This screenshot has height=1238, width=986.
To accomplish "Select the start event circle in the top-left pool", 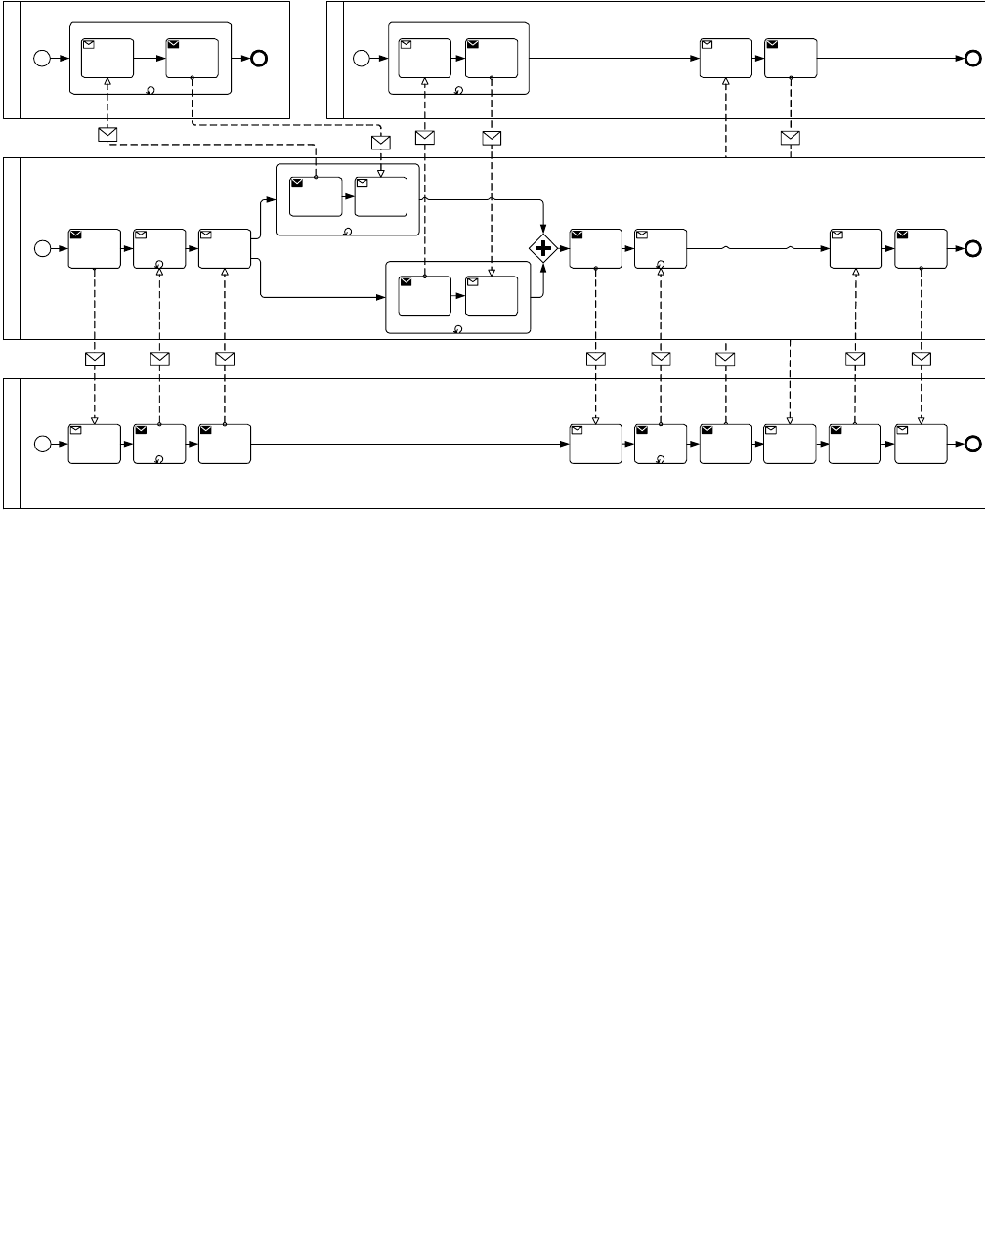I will pos(42,58).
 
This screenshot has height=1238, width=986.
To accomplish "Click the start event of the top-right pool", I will pos(362,58).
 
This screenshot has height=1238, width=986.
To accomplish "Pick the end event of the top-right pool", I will pos(972,58).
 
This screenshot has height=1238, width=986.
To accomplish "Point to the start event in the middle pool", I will pos(42,248).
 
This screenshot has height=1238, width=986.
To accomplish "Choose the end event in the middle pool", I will pos(972,248).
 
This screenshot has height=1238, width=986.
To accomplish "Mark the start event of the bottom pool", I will pos(42,444).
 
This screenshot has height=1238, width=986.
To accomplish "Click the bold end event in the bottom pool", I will pos(972,444).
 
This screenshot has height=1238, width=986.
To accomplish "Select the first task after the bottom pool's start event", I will pos(94,444).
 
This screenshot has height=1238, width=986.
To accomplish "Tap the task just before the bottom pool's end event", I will pos(921,444).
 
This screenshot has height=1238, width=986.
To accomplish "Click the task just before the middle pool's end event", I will pos(921,248).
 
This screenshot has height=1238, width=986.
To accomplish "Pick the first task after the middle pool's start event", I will pos(94,248).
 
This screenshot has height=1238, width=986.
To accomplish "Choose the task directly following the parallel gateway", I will pos(595,248).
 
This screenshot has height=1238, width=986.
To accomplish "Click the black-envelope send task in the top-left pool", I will pos(192,58).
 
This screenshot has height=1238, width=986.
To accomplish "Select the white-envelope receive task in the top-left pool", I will pos(107,58).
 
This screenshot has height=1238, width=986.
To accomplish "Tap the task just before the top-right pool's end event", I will pos(790,58).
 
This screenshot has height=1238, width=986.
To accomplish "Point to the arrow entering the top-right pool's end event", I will pos(889,58).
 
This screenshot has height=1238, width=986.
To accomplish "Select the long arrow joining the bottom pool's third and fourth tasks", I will pos(410,444).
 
